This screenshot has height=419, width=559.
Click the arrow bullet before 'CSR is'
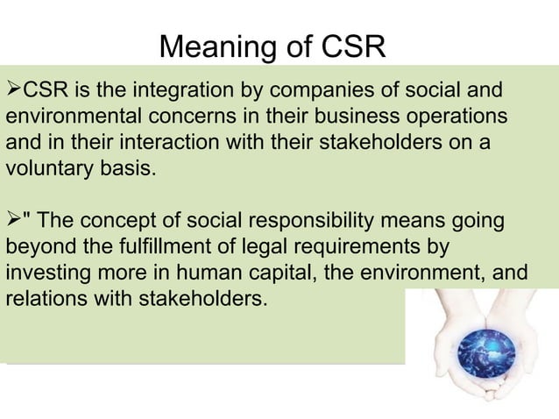point(13,89)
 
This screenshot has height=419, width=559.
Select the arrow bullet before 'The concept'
point(13,220)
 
